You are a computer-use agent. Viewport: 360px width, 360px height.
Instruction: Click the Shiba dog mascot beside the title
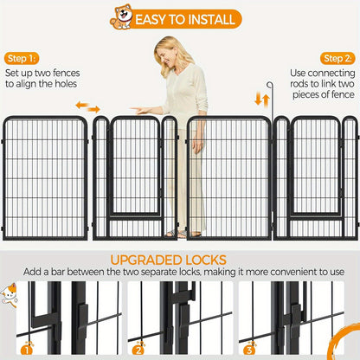tap(121, 16)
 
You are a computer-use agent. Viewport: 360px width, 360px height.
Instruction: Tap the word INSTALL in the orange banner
tap(211, 20)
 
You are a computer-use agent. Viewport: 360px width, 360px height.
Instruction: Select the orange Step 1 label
tap(22, 59)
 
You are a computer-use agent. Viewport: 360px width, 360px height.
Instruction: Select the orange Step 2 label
tap(337, 59)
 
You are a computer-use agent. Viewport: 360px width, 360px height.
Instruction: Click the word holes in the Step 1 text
tap(66, 84)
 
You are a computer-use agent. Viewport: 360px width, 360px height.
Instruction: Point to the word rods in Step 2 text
tap(299, 84)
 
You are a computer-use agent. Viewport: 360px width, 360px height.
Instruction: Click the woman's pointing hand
tap(138, 110)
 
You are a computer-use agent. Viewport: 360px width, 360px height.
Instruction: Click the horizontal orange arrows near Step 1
tap(87, 106)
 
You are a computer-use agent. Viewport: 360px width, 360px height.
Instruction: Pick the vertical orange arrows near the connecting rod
tap(262, 100)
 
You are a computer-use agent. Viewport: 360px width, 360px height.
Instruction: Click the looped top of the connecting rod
tap(270, 85)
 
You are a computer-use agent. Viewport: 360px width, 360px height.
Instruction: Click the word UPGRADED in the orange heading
tap(146, 260)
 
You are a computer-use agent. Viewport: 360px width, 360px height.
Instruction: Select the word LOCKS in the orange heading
tap(206, 260)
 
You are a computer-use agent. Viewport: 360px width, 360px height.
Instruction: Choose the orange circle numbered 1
tap(27, 350)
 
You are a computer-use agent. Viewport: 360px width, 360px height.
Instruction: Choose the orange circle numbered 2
tap(138, 350)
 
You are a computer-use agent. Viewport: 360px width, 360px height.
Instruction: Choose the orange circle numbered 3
tap(249, 350)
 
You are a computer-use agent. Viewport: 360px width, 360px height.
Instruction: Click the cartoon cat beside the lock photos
tap(8, 294)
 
